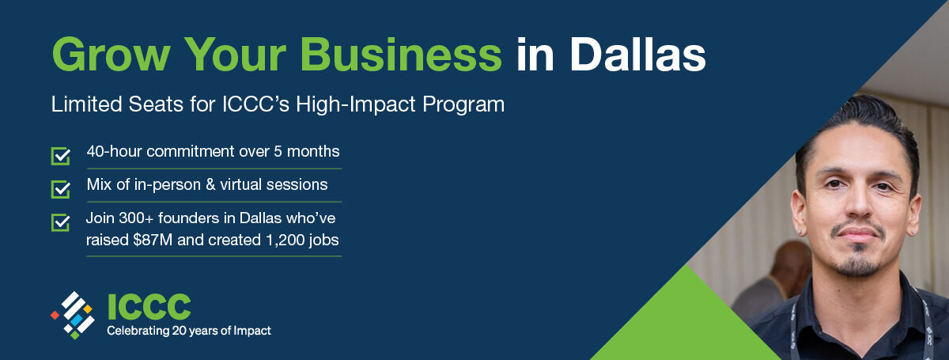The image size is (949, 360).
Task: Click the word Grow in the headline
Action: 111,55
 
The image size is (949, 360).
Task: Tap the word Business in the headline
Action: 401,55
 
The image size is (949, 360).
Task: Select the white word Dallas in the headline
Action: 637,55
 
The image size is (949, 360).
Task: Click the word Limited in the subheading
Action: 86,104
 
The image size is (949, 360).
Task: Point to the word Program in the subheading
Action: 463,105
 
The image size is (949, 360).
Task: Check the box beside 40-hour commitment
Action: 61,156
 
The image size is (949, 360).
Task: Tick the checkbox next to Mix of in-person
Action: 61,189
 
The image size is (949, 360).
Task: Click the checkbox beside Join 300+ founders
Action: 61,222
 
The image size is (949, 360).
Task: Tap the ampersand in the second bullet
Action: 210,185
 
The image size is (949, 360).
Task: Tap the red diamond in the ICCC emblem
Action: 55,315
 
